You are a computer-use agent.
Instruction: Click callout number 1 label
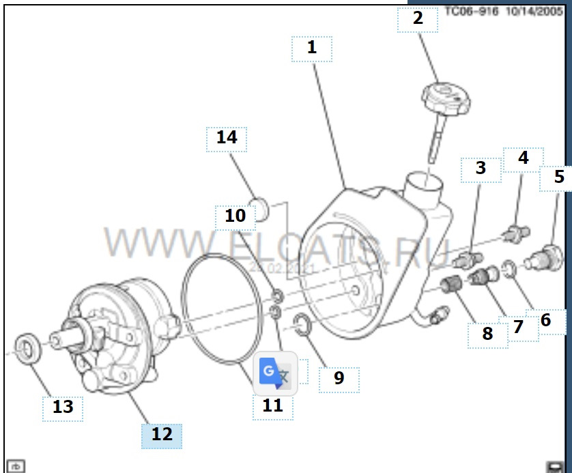[312, 48]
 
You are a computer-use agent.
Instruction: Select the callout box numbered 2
[418, 18]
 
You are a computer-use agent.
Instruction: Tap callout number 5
[559, 177]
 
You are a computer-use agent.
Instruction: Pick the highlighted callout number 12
[162, 434]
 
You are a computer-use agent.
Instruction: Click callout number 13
[63, 407]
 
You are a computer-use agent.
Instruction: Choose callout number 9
[339, 377]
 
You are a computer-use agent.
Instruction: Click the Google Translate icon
[275, 373]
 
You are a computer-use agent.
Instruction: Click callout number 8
[487, 334]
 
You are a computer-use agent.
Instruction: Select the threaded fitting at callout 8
[451, 284]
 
